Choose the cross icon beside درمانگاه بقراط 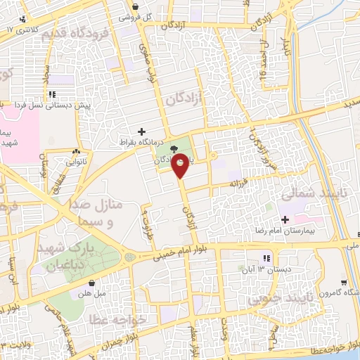142,131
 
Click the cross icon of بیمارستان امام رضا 285,220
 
